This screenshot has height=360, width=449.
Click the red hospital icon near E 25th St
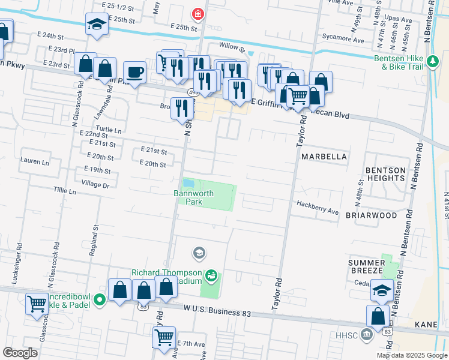point(196,13)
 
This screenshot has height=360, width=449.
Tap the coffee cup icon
point(135,73)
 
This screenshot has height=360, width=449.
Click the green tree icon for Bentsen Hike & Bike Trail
point(432,61)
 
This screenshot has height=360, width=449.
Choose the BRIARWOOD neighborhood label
point(372,215)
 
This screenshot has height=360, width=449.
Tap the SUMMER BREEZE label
point(367,267)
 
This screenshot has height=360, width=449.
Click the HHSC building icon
point(366,333)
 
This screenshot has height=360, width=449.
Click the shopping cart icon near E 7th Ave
point(164,337)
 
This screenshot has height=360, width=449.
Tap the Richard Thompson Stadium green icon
point(211,276)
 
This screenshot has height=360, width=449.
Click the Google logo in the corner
point(20,353)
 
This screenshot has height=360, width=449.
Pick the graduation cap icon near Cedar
point(382,290)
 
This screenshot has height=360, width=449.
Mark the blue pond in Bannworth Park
point(188,182)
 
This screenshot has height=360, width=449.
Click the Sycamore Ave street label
point(351,41)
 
